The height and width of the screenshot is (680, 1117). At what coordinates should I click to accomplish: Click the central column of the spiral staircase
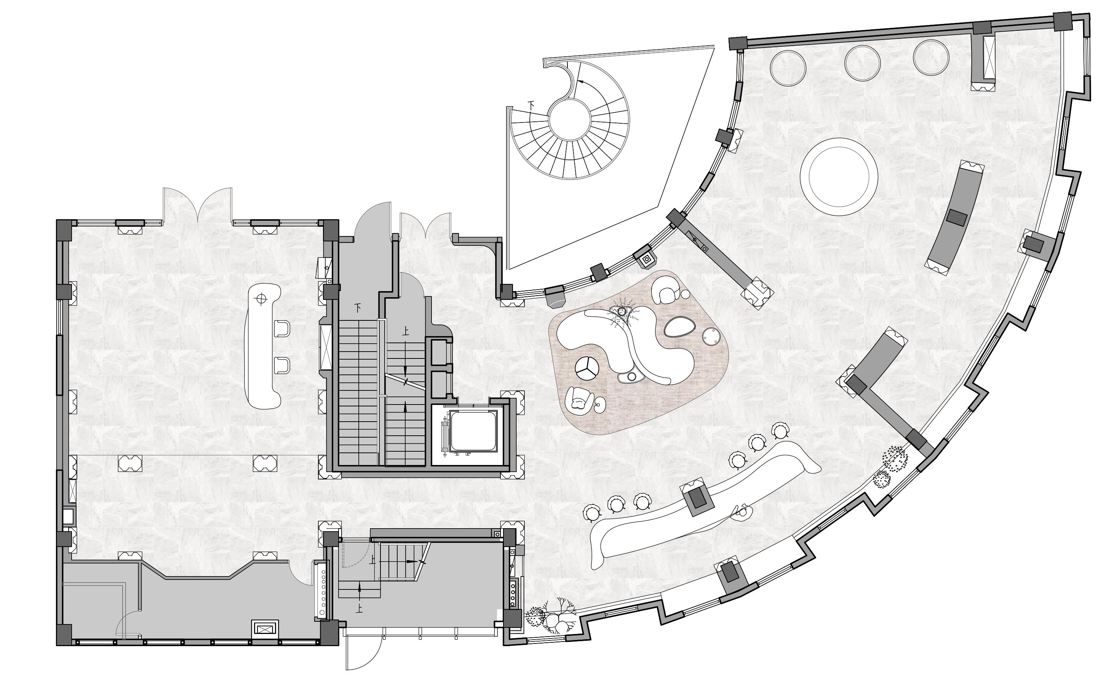(569, 119)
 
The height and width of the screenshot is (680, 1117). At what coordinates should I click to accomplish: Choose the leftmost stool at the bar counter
(591, 513)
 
